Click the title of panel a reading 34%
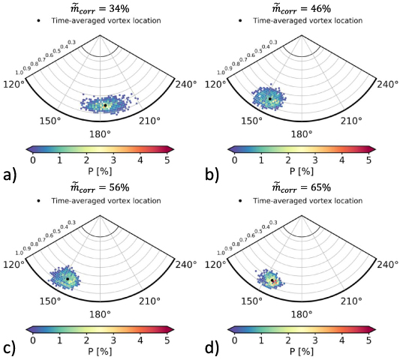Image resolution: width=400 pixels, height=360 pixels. coord(100,8)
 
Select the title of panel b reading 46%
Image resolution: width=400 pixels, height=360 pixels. coord(302,8)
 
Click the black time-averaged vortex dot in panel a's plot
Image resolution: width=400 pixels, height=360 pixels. coord(105,106)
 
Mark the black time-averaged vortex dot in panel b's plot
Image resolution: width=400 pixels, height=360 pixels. coord(269,98)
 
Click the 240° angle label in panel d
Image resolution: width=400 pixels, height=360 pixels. coord(389,263)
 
